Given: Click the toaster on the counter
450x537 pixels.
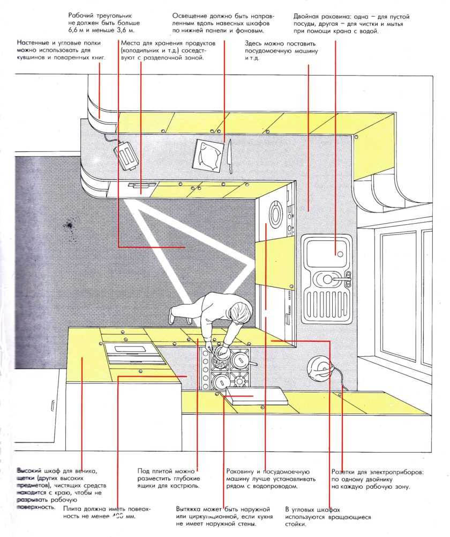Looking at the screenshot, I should coord(126,155).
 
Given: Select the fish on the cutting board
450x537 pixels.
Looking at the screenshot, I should coord(207,156).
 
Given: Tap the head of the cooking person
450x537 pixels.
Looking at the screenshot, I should coord(239,311).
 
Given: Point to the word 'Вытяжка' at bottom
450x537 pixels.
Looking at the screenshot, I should coord(190,508).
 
